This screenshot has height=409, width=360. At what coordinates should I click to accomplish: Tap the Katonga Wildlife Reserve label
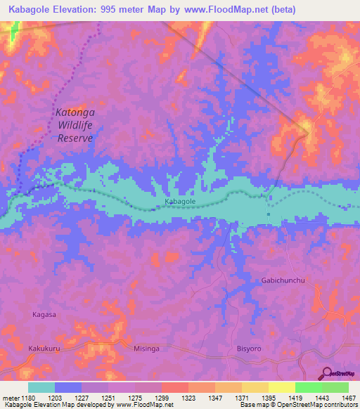(75, 125)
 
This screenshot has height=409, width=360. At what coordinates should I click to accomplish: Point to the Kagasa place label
(44, 315)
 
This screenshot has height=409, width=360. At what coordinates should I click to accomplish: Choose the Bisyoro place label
(249, 348)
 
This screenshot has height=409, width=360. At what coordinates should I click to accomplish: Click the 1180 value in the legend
(29, 398)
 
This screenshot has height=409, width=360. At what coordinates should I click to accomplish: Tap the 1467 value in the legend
(340, 398)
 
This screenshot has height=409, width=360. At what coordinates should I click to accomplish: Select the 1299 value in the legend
(162, 398)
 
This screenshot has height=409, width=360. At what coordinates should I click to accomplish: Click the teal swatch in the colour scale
(41, 387)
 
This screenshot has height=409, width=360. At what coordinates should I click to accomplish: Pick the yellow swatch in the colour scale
(281, 387)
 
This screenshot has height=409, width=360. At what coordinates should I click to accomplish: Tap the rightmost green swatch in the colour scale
(335, 387)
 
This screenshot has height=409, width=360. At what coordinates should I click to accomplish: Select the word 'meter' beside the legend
(10, 398)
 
